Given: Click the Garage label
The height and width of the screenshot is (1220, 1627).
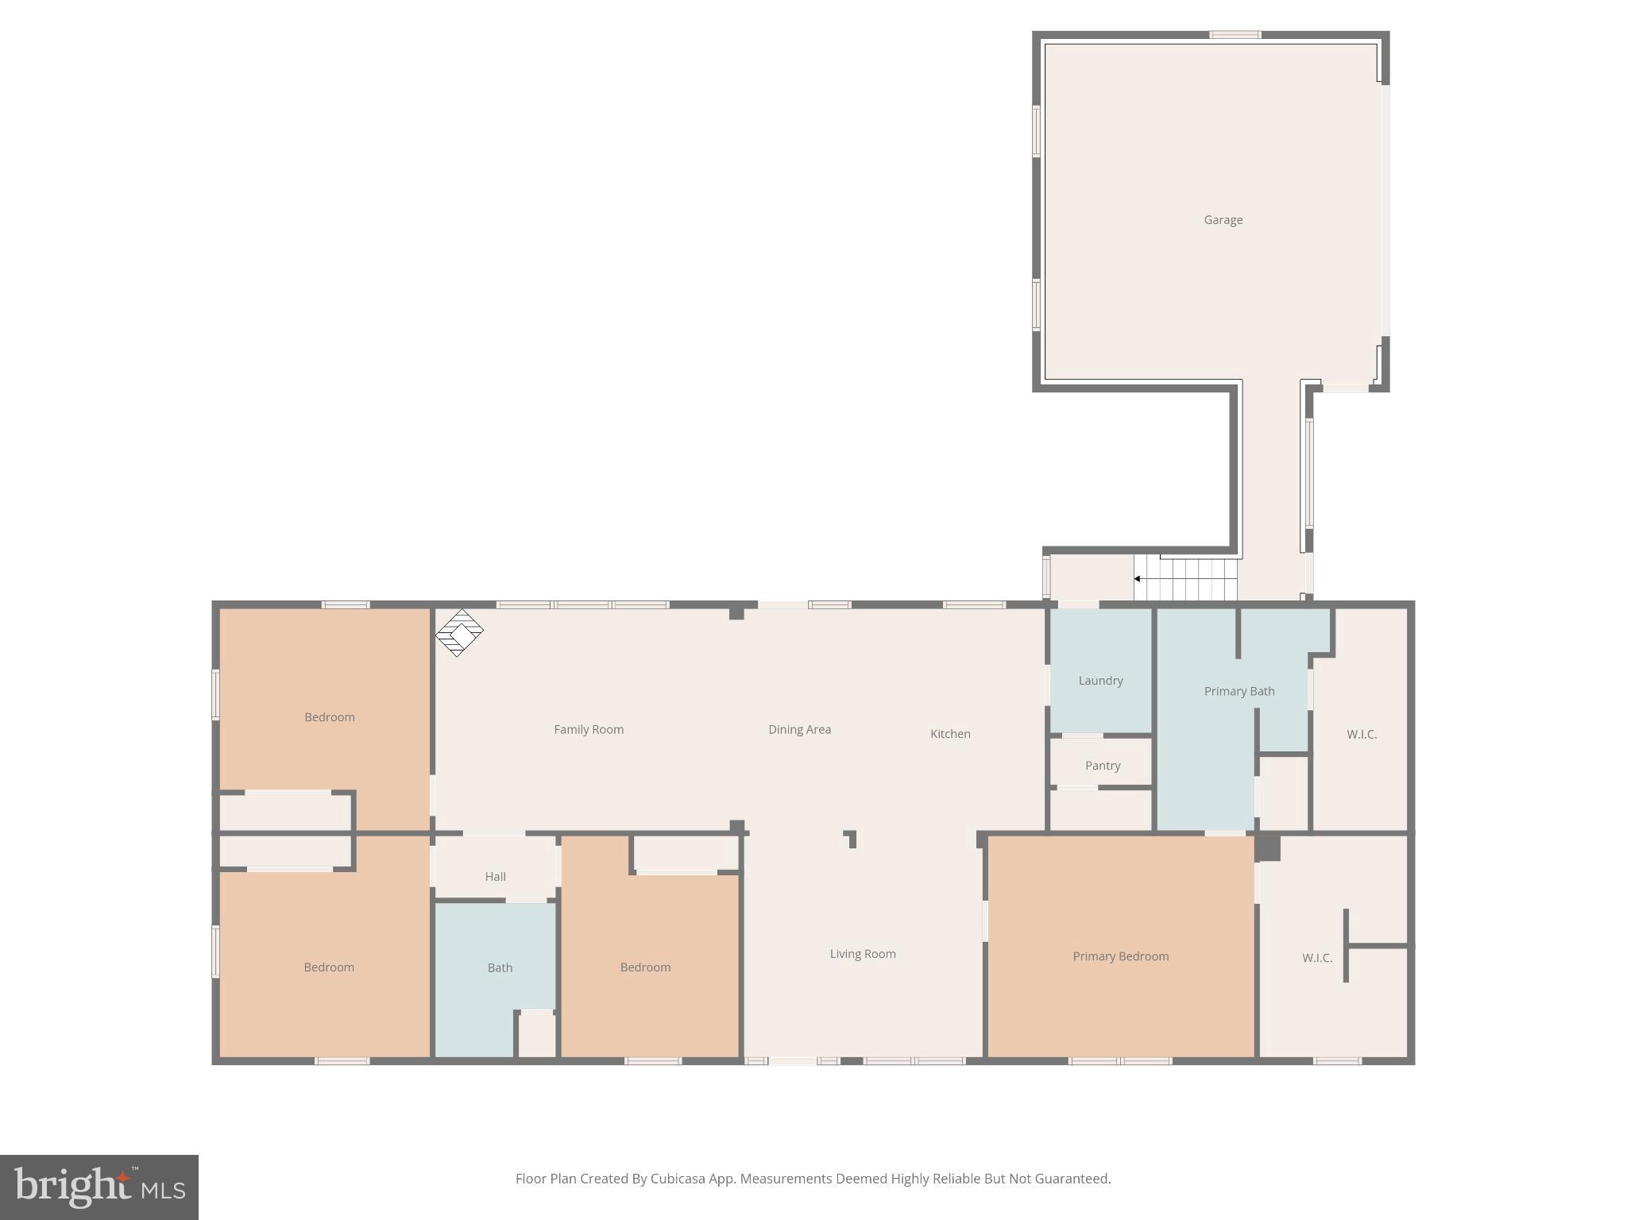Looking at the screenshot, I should [1223, 220].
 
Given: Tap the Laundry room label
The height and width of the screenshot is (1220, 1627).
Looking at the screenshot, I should [1100, 681].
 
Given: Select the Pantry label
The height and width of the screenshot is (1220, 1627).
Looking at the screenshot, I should [1102, 766].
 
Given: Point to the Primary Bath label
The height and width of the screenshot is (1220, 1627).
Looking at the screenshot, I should [1239, 691].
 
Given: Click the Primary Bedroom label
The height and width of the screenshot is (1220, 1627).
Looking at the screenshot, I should [1120, 956].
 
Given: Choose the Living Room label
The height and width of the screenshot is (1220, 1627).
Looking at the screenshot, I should [863, 954].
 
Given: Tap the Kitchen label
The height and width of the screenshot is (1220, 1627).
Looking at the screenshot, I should [950, 734].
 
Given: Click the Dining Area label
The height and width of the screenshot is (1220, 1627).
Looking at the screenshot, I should [799, 730].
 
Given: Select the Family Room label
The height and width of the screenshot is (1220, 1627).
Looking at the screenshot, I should [589, 730].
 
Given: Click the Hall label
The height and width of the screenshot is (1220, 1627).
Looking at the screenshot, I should [495, 877].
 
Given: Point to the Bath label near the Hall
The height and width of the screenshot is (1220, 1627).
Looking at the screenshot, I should [500, 968].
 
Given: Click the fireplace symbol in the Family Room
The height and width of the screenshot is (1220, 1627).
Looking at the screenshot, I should [459, 633].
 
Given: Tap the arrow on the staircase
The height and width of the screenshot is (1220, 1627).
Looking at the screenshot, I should [1138, 579].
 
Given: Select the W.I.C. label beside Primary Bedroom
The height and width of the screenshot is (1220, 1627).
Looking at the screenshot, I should [1316, 958].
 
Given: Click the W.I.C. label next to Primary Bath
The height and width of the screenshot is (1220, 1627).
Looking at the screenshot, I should [1361, 735].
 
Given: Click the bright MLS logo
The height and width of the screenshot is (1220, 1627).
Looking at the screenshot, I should [99, 1187].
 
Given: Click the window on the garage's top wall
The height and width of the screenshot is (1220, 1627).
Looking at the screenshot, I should [1235, 34].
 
